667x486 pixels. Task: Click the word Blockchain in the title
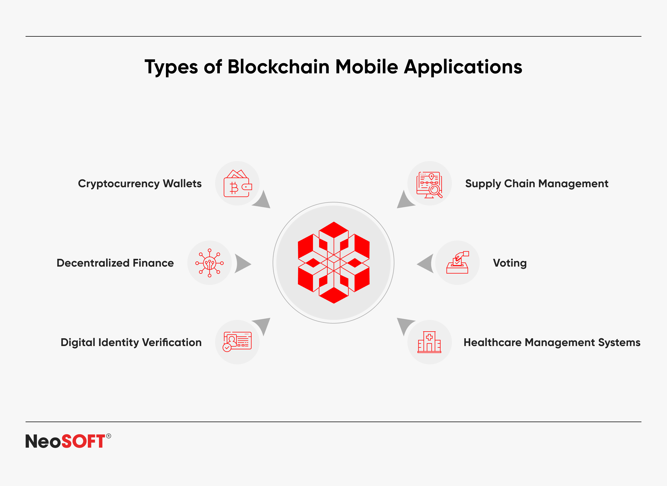[278, 67]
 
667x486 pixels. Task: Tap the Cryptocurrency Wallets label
[140, 184]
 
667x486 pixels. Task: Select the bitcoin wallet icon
[238, 183]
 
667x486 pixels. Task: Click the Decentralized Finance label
[115, 263]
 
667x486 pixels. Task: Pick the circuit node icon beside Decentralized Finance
[210, 263]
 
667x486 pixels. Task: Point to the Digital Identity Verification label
[131, 343]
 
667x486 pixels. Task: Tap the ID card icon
[237, 342]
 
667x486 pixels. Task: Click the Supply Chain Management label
[537, 184]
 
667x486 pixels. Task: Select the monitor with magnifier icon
[429, 185]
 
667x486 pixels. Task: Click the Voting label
[510, 263]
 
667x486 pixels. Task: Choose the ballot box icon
[457, 262]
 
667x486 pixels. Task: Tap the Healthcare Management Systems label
[552, 343]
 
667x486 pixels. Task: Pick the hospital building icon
[429, 342]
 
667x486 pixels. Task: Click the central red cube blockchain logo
[334, 262]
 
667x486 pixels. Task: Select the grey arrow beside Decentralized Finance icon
[243, 264]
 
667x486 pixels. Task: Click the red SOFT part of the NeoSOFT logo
[83, 441]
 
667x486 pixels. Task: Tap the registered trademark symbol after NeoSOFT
[109, 436]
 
